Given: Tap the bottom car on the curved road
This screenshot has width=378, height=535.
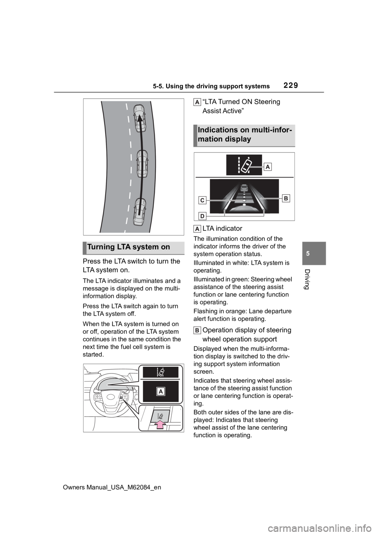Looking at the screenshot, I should pyautogui.click(x=139, y=212).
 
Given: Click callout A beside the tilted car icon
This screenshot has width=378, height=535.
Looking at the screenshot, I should pyautogui.click(x=268, y=167).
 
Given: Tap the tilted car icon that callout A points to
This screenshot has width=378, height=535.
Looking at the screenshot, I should pyautogui.click(x=246, y=165).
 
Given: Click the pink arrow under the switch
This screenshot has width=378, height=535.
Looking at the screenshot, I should pyautogui.click(x=161, y=424).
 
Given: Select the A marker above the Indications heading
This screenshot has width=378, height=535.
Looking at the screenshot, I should pyautogui.click(x=197, y=102).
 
